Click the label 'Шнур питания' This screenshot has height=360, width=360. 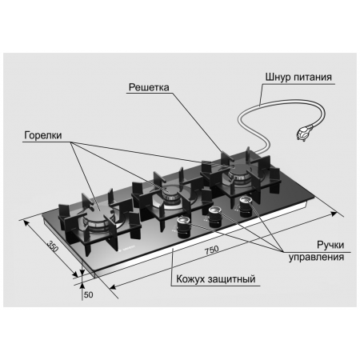pos(298,78)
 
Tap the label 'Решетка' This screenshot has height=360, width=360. pos(149,87)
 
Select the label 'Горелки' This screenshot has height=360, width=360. pos(43,135)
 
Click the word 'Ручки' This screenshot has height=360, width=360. pos(330,245)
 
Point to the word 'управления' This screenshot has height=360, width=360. pos(316,258)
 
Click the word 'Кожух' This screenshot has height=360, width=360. pos(191,279)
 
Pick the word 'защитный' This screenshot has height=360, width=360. pos(232,279)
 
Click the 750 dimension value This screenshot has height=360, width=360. pos(212,250)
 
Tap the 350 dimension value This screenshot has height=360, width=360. pos(53,246)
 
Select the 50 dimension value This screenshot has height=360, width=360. pos(89,294)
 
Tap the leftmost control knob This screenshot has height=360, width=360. pos(183,227)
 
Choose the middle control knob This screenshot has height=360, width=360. pos(215,217)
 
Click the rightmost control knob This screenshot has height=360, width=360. pos(246,206)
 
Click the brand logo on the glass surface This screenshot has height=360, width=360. pos(127,248)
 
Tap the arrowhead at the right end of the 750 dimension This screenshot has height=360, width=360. pos(334,214)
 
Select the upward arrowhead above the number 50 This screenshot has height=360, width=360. pos(82,286)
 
